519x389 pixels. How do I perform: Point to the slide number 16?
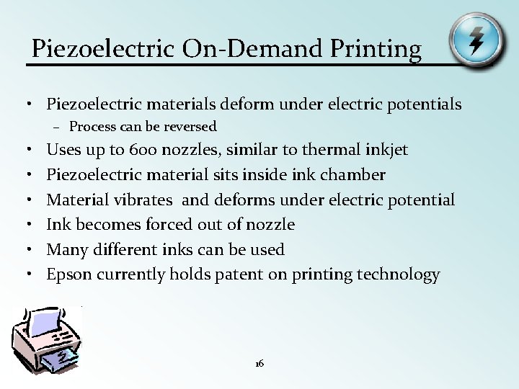click(259, 364)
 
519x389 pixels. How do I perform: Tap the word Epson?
click(69, 274)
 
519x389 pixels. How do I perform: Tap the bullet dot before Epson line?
click(34, 274)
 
